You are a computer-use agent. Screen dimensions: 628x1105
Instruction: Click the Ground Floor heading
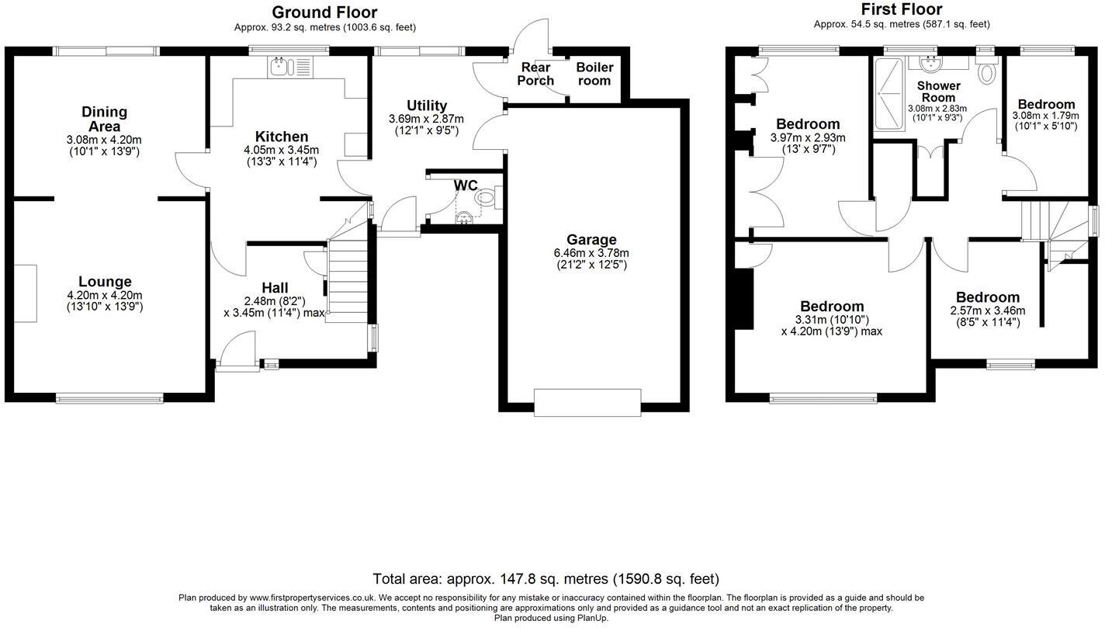[x=324, y=12]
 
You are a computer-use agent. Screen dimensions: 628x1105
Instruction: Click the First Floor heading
[x=902, y=9]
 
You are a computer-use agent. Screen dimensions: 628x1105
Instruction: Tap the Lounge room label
[x=105, y=282]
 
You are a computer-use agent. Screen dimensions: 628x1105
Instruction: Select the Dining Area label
[x=104, y=119]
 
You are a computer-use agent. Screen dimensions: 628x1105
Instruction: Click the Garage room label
[x=591, y=240]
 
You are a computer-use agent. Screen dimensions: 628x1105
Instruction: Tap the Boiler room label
[x=594, y=74]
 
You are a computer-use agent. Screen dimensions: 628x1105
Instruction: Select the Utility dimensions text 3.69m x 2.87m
[x=426, y=120]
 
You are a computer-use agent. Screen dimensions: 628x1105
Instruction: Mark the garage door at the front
[x=587, y=401]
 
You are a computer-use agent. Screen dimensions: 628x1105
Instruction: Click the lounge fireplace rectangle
[x=25, y=293]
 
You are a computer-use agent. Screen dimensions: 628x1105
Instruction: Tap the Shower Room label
[x=938, y=92]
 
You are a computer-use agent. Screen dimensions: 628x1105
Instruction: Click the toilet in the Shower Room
[x=986, y=72]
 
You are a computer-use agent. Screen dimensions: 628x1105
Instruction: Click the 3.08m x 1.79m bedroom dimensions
[x=1045, y=115]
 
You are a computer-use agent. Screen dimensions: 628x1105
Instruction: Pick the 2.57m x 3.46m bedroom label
[x=987, y=297]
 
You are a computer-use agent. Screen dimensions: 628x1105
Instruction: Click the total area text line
[x=546, y=579]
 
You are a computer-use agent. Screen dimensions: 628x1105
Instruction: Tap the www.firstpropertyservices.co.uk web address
[x=313, y=598]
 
